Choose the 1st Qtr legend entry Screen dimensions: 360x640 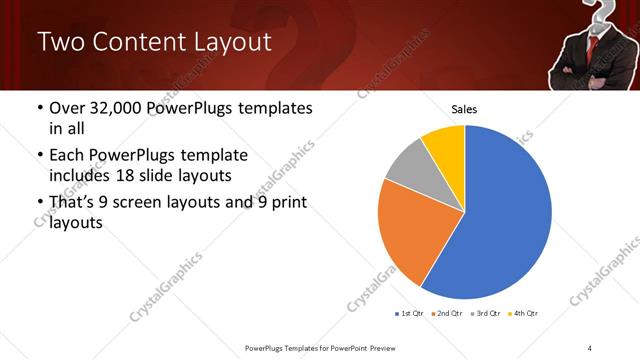tap(410, 314)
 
